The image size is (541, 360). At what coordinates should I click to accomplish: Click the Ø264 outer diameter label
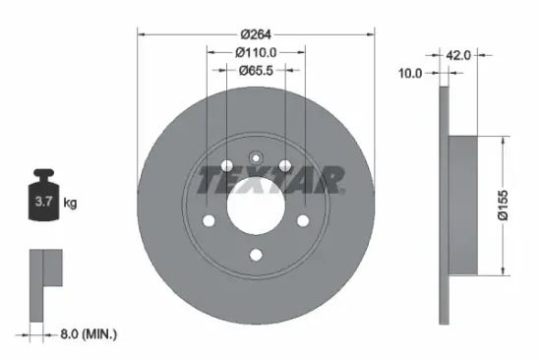(x=256, y=32)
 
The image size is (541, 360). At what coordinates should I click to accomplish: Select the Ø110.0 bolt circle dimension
(x=256, y=51)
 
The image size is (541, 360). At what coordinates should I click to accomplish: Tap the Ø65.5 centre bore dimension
(x=256, y=71)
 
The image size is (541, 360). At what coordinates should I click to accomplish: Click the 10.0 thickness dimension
(x=410, y=73)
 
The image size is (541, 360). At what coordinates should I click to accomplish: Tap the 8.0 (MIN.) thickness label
(x=85, y=334)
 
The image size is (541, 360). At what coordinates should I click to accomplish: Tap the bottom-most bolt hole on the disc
(x=256, y=256)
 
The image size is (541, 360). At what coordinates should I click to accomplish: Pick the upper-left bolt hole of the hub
(x=227, y=166)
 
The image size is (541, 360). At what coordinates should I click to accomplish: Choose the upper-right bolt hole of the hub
(x=284, y=166)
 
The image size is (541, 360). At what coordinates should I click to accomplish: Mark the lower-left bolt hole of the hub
(x=209, y=220)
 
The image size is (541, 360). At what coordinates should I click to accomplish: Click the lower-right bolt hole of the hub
(x=303, y=220)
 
